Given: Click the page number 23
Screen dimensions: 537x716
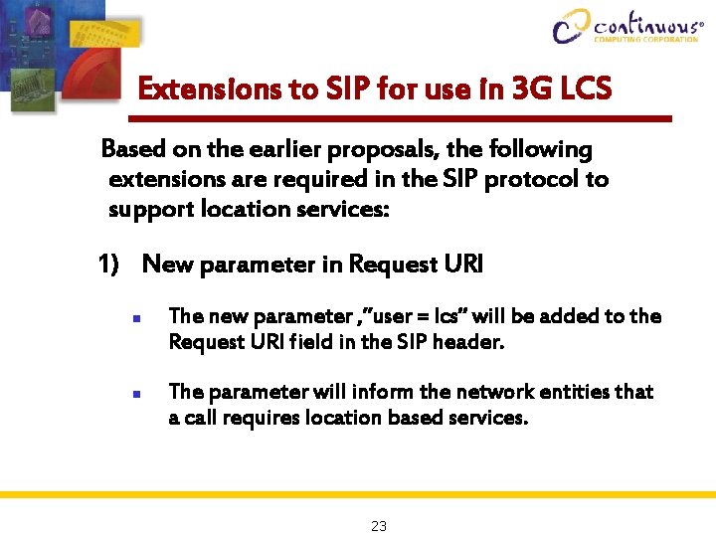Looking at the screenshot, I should pyautogui.click(x=378, y=526).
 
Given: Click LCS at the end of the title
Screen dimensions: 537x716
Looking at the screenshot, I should pyautogui.click(x=585, y=89).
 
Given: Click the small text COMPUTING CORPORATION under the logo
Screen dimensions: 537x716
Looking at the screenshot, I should pyautogui.click(x=645, y=40).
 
